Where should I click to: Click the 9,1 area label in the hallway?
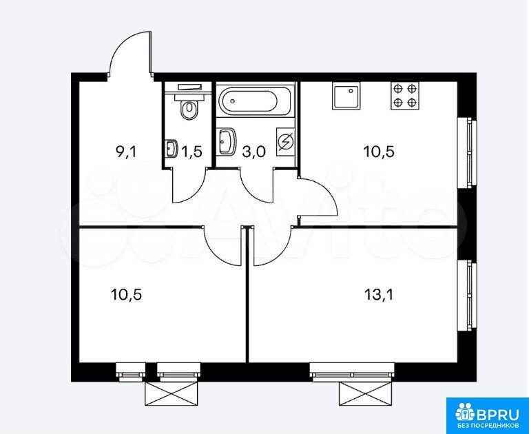coord(125,152)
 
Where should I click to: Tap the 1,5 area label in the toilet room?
coord(191,152)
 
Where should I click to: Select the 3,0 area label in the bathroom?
coord(253,152)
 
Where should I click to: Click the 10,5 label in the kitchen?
coord(379,152)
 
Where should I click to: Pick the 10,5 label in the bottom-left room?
coord(126,296)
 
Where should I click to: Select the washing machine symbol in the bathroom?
coord(285,142)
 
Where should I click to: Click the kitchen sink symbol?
coord(346,96)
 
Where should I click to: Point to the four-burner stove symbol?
coord(405,96)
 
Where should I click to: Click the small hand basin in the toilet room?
coord(172,149)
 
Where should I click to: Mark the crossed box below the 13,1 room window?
coord(366,393)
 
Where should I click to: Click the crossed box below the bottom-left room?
coord(171,393)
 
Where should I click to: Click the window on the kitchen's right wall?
coord(467,152)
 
